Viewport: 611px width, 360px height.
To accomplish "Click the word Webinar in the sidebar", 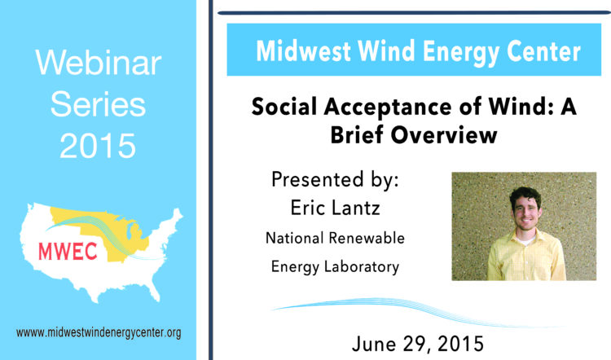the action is tap(99, 63).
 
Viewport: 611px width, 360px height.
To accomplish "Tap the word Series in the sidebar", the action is tap(98, 104).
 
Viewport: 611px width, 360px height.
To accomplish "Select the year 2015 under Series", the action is tap(98, 146).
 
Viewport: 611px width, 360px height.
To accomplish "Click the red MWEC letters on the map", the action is tap(68, 252).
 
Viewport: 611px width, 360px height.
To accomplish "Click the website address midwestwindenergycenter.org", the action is tap(99, 333).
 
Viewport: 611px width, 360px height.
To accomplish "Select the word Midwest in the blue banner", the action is tap(304, 51).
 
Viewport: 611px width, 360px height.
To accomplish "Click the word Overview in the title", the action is tap(444, 135).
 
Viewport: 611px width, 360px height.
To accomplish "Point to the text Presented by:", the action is tap(335, 180).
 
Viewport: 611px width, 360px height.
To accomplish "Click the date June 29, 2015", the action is tap(418, 344).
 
